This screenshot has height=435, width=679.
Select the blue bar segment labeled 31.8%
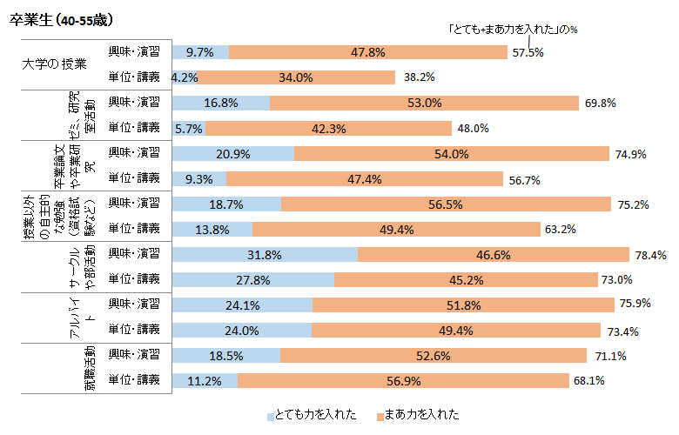266,254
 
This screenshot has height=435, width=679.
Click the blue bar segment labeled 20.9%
234,153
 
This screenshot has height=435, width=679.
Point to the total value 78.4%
650,255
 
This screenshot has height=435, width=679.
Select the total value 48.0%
473,128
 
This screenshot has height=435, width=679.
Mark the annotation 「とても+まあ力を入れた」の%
513,29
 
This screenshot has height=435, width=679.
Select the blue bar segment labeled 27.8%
254,279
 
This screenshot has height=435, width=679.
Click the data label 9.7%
200,52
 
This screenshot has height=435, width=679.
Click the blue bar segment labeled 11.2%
205,380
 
